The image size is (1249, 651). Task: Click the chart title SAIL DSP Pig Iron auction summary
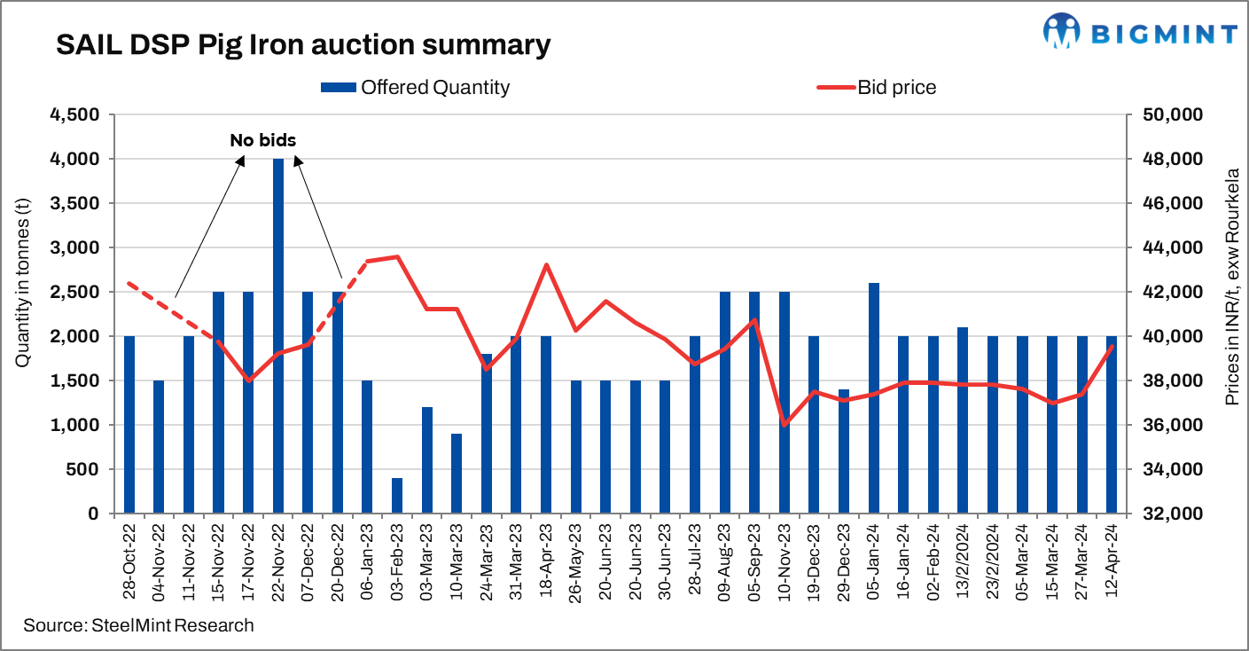303,45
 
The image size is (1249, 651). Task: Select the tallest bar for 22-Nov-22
277,336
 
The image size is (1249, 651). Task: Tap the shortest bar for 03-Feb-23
397,496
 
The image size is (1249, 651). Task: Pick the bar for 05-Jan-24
874,398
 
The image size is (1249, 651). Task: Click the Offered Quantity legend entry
415,87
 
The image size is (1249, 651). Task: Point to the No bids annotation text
263,140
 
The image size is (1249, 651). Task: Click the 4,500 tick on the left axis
75,115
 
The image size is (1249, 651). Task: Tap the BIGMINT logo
1140,33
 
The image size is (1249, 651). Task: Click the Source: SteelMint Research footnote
138,625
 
